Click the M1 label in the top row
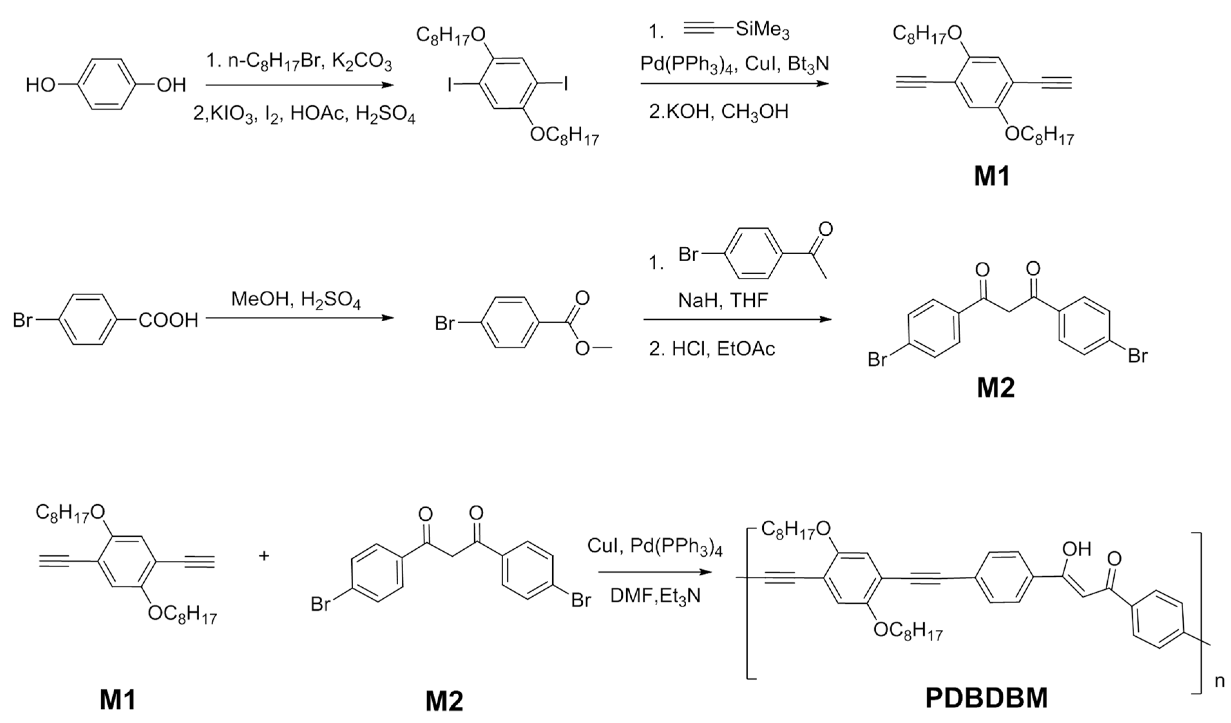(991, 177)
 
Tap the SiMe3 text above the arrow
(762, 30)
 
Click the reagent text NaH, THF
(723, 301)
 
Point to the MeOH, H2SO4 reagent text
(296, 299)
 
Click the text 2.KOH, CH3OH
(718, 111)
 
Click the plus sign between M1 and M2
(264, 556)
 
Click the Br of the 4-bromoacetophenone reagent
(688, 254)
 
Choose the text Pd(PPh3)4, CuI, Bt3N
(735, 64)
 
